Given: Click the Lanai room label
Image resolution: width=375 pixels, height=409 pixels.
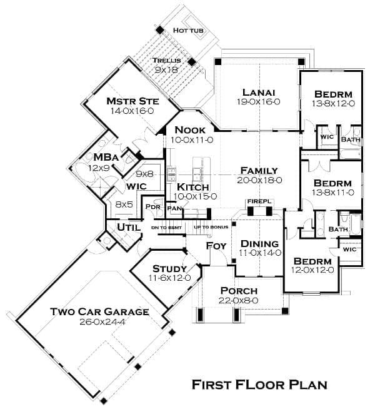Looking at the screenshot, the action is pos(259,93).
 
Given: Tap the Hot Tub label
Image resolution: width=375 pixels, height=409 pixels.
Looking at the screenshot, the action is pos(188,31).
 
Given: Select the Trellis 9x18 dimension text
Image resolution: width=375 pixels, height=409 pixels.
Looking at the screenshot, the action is pos(166,70).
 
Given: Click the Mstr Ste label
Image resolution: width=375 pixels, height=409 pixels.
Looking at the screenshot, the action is pos(132,101).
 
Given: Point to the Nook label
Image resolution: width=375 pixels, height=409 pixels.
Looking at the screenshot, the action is pos(190,130).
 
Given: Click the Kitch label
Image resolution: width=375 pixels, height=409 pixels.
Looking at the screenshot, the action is pos(193,187).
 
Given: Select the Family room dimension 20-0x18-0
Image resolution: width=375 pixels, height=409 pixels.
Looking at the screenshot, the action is pos(259,180).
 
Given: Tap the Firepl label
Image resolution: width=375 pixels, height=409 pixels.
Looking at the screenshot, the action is pos(259,201).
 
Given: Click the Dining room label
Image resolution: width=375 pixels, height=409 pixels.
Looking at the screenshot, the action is pos(259,244).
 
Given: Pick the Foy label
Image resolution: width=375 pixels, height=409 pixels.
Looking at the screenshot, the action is pos(216,246).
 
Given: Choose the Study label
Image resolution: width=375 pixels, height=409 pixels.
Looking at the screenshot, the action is pos(169,269).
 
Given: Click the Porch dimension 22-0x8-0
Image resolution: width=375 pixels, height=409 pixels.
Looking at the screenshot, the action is pos(239,301).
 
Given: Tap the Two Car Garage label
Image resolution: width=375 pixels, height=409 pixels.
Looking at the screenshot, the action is pos(99,311).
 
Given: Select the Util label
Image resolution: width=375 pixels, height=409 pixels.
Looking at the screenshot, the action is pos(129,228).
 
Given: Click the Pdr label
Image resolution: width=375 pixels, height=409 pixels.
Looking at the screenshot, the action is pos(153,207).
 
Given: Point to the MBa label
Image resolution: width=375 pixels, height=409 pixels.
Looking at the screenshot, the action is pos(106,158).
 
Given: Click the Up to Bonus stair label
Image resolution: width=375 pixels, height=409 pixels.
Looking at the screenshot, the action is pos(211,227).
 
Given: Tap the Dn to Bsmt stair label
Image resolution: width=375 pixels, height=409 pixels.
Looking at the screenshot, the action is pos(166,228).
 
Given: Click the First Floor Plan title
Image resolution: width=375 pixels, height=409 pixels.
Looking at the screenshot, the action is pos(259,385).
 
